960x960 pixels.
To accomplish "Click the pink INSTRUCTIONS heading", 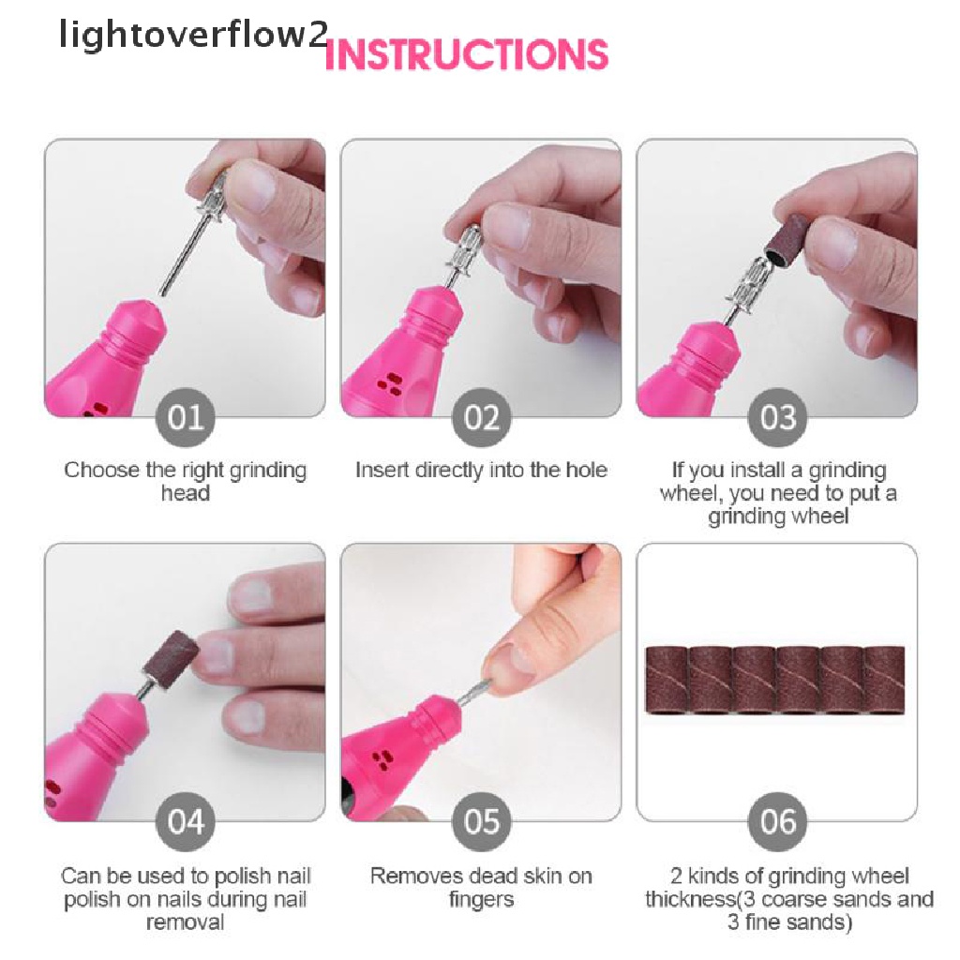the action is (x=467, y=55).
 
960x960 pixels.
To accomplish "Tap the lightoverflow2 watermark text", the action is (x=193, y=34).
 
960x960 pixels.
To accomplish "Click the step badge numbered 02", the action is (x=481, y=417).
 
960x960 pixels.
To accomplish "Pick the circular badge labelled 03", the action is (x=777, y=417).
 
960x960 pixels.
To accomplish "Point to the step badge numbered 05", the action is (x=481, y=821).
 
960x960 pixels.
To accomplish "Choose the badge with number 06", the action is (x=777, y=821).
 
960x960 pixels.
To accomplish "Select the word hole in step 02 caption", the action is (x=586, y=471).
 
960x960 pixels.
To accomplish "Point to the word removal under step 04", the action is (x=185, y=922).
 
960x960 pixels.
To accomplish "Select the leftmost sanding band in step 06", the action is (x=668, y=680).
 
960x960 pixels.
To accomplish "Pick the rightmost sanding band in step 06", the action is (x=883, y=680).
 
